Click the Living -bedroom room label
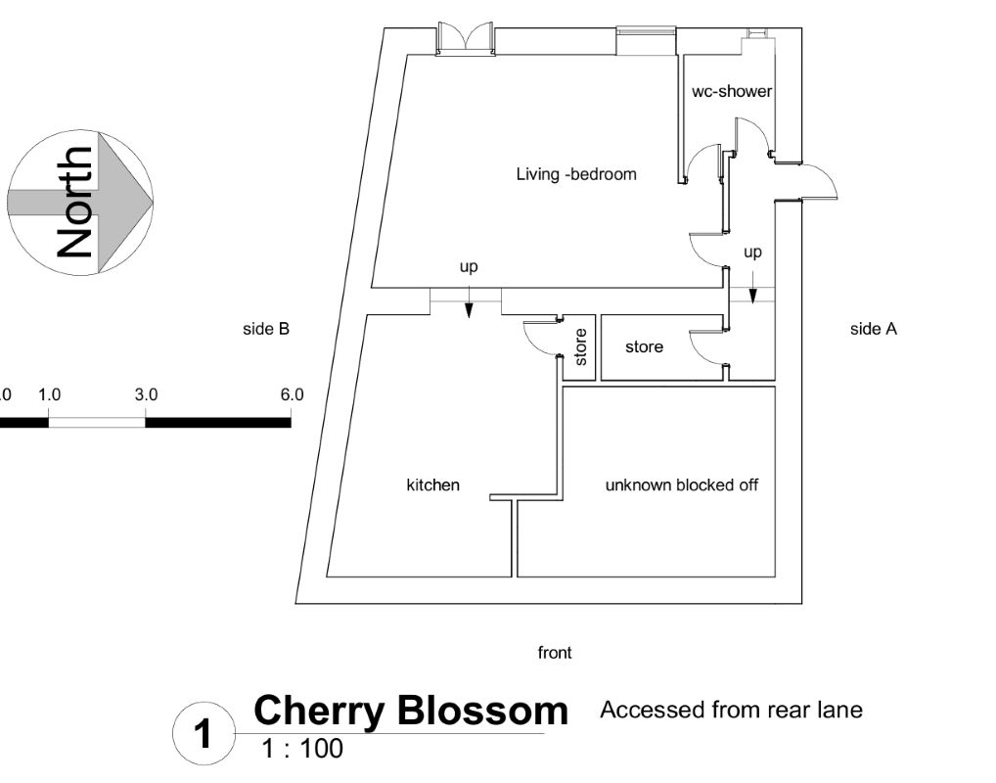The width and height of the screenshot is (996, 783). [x=576, y=175]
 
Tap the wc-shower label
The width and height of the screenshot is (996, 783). [x=732, y=92]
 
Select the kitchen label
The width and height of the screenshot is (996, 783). [x=432, y=485]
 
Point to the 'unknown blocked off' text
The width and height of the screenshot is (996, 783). [x=681, y=485]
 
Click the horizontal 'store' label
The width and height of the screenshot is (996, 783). [x=644, y=346]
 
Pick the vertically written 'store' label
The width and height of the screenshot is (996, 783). [x=580, y=346]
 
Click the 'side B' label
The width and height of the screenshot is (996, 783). [x=266, y=330]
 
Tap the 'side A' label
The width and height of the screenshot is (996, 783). [x=873, y=330]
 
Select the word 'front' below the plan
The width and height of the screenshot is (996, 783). [x=555, y=653]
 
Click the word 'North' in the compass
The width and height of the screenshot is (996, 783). [x=76, y=203]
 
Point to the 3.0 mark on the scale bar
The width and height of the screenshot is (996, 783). [x=146, y=395]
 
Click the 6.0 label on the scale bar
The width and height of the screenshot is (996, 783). [x=292, y=395]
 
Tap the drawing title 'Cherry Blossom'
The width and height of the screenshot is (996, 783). [x=411, y=712]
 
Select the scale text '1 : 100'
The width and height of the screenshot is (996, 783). [x=302, y=751]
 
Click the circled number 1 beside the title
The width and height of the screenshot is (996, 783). [x=204, y=734]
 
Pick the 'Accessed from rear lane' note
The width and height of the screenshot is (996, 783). [x=731, y=710]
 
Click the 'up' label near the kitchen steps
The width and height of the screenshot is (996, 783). [x=469, y=266]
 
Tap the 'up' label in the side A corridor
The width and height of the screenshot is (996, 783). [x=752, y=253]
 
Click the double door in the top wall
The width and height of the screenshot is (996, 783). [x=465, y=39]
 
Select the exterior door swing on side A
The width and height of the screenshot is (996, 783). [x=820, y=183]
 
